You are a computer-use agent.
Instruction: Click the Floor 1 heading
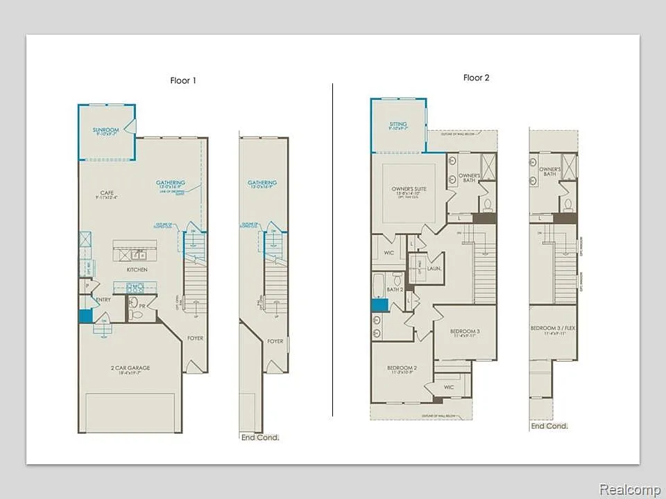pos(183,80)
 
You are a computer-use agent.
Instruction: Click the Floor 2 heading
pos(477,78)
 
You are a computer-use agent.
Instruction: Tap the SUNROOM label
pos(106,130)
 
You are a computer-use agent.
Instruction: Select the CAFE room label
pos(107,193)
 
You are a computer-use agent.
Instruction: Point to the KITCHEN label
pos(137,270)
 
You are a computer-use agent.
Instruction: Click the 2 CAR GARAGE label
pos(130,368)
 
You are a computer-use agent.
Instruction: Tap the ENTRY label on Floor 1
pos(103,299)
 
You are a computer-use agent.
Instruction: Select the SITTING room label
pos(398,125)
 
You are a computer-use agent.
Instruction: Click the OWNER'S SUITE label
pos(408,189)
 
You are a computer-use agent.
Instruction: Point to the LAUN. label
pos(435,268)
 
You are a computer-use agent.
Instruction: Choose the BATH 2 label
pos(395,289)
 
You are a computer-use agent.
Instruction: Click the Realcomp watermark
pos(629,489)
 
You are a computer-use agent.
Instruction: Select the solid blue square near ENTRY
pos(85,315)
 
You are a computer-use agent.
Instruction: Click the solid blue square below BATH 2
pos(379,304)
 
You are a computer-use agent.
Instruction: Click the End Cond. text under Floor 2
pos(549,426)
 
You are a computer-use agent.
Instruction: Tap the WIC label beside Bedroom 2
pos(449,387)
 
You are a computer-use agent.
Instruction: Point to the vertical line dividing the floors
pos(333,249)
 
